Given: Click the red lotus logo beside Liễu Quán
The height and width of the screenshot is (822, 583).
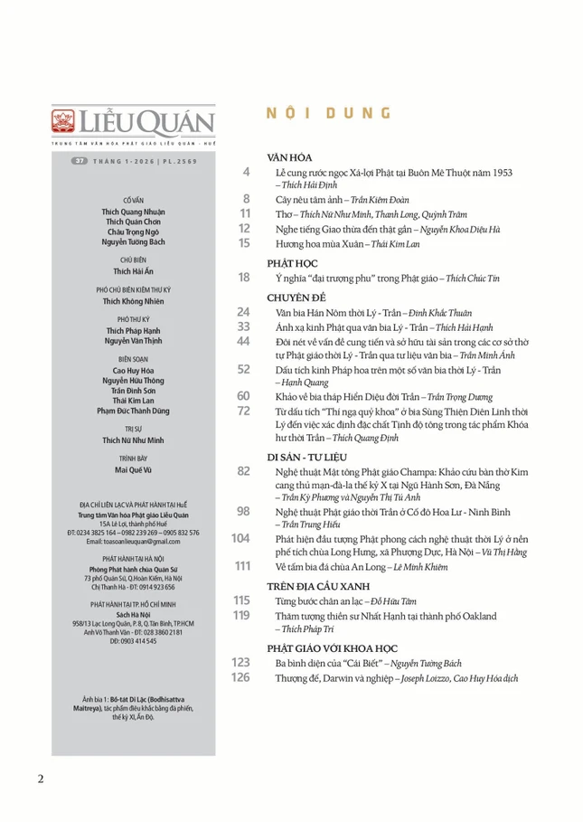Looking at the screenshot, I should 62,120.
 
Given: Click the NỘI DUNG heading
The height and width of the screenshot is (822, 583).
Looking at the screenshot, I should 328,114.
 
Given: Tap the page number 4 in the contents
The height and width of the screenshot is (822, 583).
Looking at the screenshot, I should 246,172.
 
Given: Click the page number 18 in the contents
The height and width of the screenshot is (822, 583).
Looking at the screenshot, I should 243,277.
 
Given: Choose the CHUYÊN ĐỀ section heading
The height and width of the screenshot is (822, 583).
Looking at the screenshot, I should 296,297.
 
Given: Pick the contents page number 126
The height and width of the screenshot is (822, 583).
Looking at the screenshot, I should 240,676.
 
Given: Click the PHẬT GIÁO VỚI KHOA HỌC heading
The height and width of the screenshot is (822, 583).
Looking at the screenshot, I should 333,647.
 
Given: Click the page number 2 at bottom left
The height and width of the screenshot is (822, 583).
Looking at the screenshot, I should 41,779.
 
